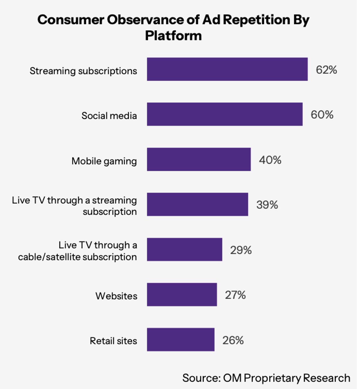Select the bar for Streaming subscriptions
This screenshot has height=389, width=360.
point(227,69)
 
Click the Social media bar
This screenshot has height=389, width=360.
point(225,114)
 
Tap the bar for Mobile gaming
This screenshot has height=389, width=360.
point(199,159)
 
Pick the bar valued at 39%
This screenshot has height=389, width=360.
point(197,204)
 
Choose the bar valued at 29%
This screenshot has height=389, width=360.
point(184,250)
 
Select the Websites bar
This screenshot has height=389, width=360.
point(182,295)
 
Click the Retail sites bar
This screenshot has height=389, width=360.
point(181,340)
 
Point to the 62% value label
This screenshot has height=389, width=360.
point(326,70)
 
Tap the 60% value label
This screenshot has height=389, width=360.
point(322,115)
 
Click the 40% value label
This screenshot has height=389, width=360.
point(270,160)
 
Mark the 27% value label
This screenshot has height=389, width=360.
point(235,295)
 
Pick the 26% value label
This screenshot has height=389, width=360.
point(233,340)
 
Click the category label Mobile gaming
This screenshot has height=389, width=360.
point(104,161)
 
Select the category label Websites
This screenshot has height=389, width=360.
point(116,296)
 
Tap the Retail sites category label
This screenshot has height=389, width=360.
point(113,341)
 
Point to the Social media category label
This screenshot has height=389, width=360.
point(109,116)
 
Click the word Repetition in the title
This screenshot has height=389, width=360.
point(256,20)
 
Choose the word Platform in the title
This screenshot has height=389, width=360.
point(173,36)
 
